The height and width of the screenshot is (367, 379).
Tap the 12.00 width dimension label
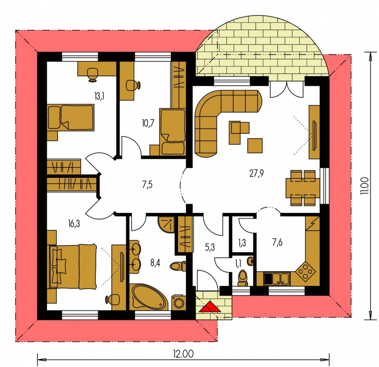click(x=183, y=354)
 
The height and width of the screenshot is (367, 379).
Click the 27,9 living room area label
click(x=256, y=173)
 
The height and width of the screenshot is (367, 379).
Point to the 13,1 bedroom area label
click(x=99, y=96)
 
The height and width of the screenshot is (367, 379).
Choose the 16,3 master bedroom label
click(x=74, y=224)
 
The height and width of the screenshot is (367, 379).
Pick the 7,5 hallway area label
click(x=147, y=185)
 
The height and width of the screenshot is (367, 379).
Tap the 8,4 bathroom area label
click(x=155, y=263)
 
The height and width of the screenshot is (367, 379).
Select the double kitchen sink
click(x=277, y=279)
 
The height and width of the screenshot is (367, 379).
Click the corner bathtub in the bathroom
click(x=148, y=297)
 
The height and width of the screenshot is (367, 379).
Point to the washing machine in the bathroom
click(x=178, y=303)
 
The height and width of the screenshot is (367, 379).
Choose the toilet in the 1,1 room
click(x=242, y=278)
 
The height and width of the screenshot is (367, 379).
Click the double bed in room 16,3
click(x=73, y=266)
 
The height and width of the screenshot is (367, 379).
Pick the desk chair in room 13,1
click(x=93, y=75)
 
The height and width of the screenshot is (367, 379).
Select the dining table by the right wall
click(x=303, y=188)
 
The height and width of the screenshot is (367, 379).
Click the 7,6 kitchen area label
click(x=277, y=242)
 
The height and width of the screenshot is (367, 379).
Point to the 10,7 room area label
click(x=148, y=124)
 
